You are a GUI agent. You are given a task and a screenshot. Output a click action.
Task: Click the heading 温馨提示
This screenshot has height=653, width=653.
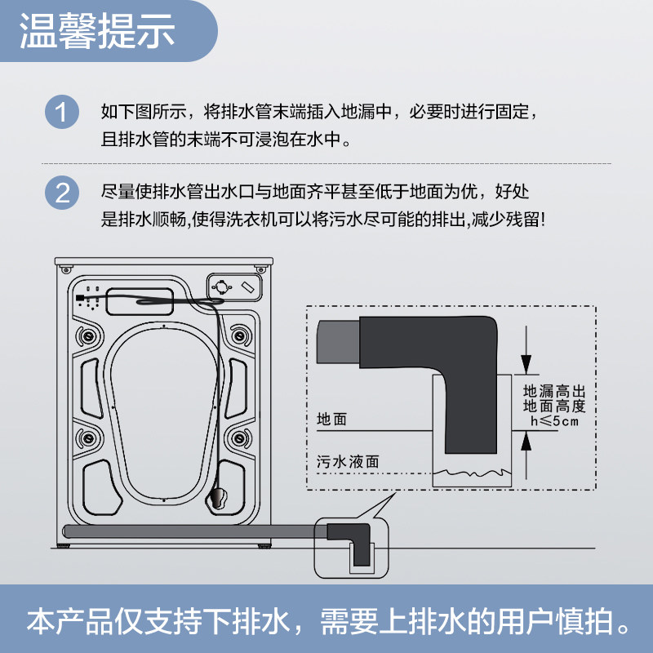coord(97,32)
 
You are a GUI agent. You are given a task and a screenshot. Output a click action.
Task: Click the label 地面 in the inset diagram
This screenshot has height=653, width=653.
coord(331,420)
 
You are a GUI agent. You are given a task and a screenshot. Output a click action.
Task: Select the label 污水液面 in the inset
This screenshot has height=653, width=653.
coord(348,461)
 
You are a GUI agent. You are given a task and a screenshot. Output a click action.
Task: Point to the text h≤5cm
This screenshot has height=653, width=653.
coord(554,421)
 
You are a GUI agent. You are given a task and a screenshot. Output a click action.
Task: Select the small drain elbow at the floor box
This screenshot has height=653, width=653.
coord(351,539)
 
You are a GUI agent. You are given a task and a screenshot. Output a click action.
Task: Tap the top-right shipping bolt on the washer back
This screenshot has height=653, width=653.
coord(238,335)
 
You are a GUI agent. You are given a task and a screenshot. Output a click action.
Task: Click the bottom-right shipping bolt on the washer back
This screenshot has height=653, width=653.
coord(238,435)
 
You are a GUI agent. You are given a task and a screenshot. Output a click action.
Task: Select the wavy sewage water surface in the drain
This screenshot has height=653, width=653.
coord(470,472)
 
